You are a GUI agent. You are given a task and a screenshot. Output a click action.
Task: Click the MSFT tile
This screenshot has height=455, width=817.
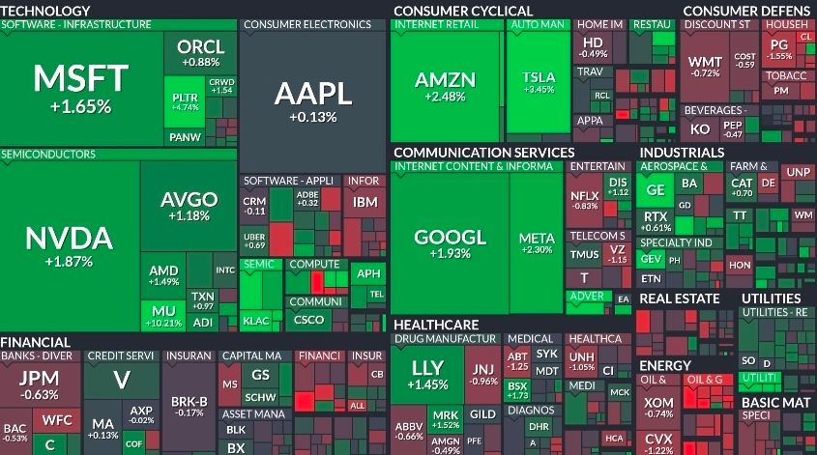[x=80, y=87]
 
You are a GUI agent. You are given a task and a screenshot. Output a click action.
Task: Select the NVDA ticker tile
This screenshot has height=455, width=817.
[x=69, y=245]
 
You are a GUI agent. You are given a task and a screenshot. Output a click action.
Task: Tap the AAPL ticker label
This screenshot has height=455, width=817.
[x=312, y=94]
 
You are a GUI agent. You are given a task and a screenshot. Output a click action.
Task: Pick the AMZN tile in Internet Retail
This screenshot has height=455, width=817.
[x=446, y=85]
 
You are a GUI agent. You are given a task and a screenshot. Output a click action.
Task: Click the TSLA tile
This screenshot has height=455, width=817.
[x=539, y=82]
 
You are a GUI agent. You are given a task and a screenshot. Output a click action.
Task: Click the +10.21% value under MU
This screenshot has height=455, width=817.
[x=163, y=323]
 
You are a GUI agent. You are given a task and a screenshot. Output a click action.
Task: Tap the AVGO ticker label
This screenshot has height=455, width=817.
[x=189, y=200]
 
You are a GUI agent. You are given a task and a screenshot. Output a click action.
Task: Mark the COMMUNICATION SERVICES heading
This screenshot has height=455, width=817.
[x=483, y=152]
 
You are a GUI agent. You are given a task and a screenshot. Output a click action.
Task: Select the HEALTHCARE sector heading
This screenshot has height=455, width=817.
[x=435, y=325]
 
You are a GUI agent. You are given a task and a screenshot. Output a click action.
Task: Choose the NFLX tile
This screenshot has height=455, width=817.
[x=584, y=198]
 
